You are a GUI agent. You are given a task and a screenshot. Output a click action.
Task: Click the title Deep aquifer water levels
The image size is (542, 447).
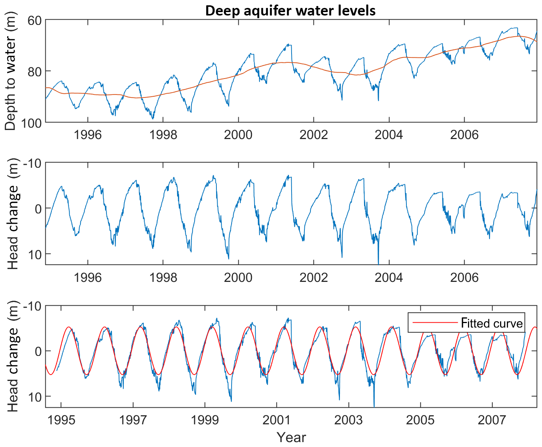coord(290,10)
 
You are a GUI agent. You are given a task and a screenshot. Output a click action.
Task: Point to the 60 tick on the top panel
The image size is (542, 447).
coord(34,20)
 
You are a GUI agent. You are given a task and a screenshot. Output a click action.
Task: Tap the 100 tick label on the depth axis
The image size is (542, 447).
coord(31,122)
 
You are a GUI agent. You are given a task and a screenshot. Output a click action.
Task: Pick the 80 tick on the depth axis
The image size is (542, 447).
coord(34,71)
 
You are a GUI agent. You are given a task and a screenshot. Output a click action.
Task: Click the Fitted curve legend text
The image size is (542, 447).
coord(492,323)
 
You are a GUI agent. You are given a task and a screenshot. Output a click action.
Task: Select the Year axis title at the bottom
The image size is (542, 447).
coord(291,438)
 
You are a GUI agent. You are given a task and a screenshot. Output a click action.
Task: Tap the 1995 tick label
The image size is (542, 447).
coord(61,420)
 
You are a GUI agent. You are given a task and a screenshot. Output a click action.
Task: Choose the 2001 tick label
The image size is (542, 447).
coord(276,420)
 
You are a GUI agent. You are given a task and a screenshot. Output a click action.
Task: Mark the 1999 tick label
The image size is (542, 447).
coord(205,420)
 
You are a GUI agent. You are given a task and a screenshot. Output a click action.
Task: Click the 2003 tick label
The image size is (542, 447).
coord(348,420)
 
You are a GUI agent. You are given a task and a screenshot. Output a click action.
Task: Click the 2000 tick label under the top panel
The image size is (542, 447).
coord(238,135)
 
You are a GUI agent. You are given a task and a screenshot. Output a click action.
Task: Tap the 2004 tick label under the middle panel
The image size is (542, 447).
coord(389,278)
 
